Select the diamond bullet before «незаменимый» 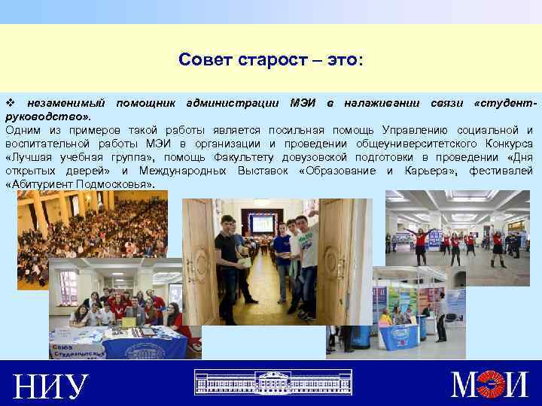[10, 102]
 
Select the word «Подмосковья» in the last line [114, 183]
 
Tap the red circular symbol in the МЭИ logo [491, 385]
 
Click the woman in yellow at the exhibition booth [385, 320]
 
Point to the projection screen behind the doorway [263, 223]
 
